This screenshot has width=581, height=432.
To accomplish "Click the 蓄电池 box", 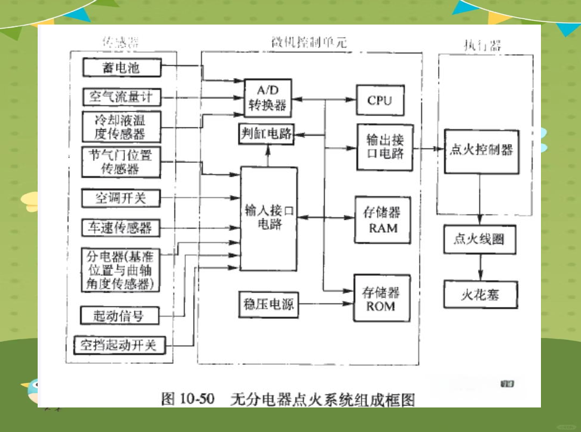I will pyautogui.click(x=121, y=68).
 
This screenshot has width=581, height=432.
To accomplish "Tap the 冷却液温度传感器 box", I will pyautogui.click(x=121, y=127).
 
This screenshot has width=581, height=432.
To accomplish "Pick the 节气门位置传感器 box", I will pyautogui.click(x=121, y=162).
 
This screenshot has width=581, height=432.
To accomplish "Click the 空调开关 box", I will pyautogui.click(x=121, y=197).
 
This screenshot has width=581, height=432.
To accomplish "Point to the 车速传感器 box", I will pyautogui.click(x=121, y=227).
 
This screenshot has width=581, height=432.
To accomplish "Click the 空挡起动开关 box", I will pyautogui.click(x=119, y=345).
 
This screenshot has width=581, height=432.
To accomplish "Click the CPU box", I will pyautogui.click(x=380, y=101).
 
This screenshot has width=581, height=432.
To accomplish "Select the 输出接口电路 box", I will pyautogui.click(x=384, y=147).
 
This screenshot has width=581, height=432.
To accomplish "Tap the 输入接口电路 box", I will pyautogui.click(x=268, y=218).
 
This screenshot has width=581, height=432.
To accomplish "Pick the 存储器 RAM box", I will pyautogui.click(x=383, y=220).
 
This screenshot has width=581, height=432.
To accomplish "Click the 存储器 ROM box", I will pyautogui.click(x=381, y=299).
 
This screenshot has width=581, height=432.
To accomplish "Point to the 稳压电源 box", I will pyautogui.click(x=267, y=304).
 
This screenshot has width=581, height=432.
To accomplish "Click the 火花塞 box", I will pyautogui.click(x=480, y=294).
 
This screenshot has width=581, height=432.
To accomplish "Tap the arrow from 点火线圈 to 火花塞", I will pyautogui.click(x=480, y=264).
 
